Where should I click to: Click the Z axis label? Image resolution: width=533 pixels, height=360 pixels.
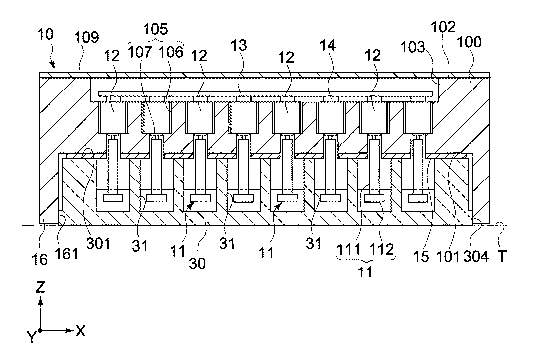(41, 286)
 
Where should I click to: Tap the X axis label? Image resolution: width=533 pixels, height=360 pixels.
(80, 330)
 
